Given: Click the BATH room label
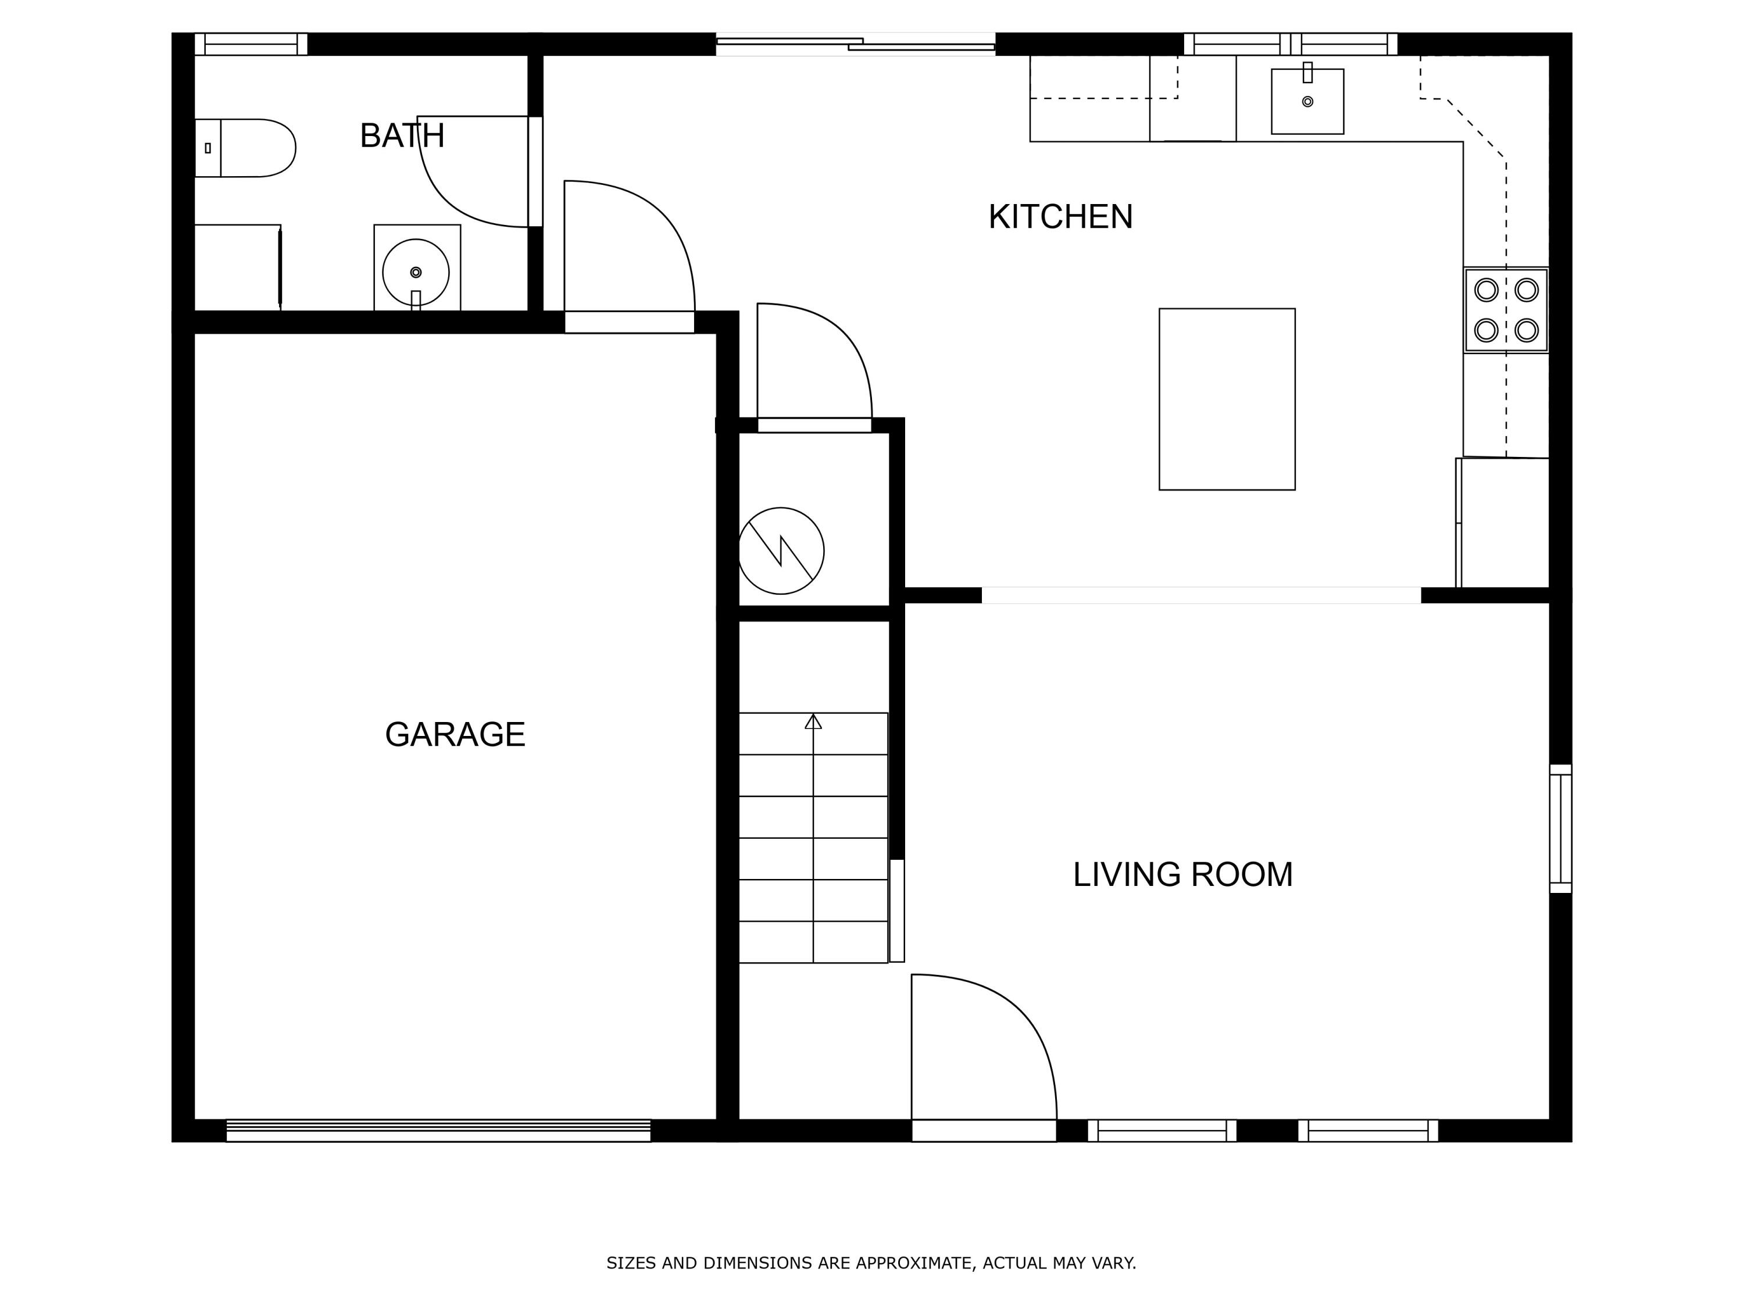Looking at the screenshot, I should coord(402,135).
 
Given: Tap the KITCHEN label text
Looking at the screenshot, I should coord(1060,217).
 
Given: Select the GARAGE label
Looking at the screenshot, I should coord(455,735).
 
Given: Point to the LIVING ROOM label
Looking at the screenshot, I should coord(1182,874).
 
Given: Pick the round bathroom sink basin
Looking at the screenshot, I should coord(416,272).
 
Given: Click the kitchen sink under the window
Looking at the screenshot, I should coord(1307,102).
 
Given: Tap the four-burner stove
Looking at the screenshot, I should coord(1506,310).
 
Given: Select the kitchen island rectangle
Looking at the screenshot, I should coord(1227,399).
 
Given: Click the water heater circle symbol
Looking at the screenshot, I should coord(781,551).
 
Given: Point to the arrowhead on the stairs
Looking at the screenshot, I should coord(813,721).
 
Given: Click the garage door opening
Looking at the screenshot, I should coord(438,1131).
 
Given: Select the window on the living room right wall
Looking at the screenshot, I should coord(1560,828).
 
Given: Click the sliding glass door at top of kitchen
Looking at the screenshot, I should coord(856,44).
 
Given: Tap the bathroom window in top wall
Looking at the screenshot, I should coord(251,44).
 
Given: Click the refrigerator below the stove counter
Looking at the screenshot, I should coord(1503,523).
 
